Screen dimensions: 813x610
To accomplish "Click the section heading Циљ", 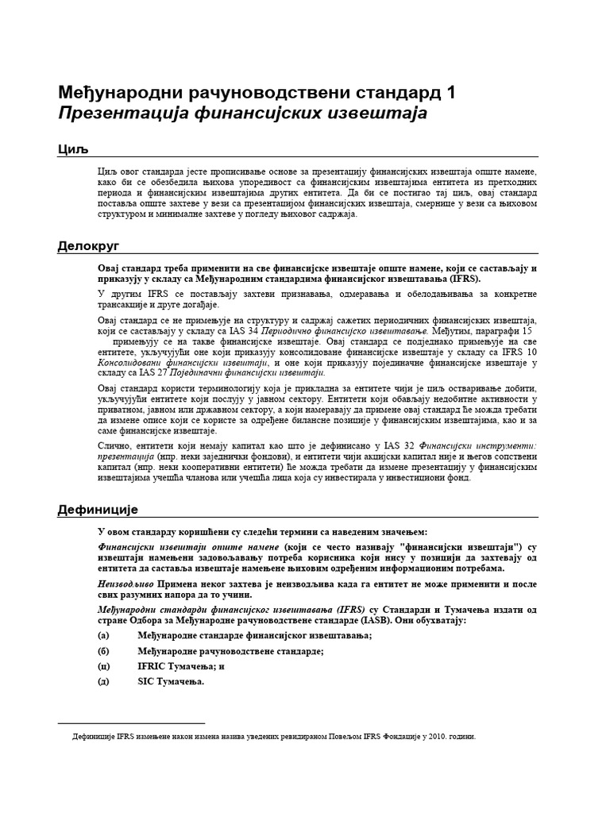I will click(71, 150).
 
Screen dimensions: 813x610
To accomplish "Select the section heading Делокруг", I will click(87, 246).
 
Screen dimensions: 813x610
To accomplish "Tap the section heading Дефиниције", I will click(98, 510).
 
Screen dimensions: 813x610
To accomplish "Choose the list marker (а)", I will click(103, 635).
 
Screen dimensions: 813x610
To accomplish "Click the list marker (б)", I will click(103, 651).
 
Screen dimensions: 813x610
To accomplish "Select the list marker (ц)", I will click(103, 666).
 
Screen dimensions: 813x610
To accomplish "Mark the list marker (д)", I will click(103, 681).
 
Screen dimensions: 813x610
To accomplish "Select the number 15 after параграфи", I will click(526, 330).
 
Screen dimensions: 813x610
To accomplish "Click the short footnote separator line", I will click(132, 723).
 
